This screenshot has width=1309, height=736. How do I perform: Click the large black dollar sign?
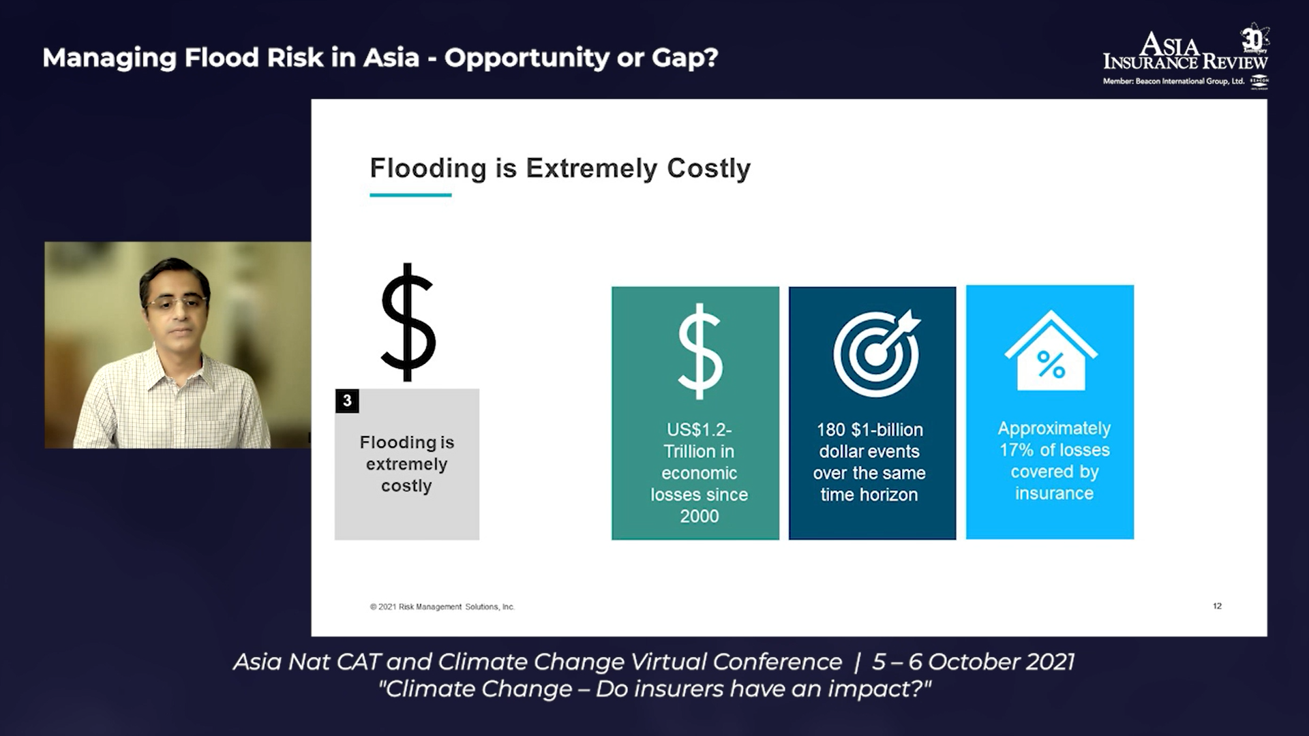tap(408, 322)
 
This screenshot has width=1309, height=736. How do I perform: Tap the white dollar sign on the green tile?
tap(699, 352)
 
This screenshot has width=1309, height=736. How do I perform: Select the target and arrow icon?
tap(876, 353)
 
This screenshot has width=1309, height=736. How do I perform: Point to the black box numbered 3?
tap(347, 401)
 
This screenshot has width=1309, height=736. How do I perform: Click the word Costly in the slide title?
tap(708, 168)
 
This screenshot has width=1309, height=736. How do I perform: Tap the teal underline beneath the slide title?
tap(410, 195)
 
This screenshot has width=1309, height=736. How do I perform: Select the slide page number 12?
tap(1217, 606)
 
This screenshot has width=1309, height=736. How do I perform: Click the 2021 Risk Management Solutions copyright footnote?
tap(442, 607)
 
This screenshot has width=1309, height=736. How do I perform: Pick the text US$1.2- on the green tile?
tap(699, 430)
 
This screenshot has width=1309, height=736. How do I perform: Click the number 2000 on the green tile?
tap(699, 516)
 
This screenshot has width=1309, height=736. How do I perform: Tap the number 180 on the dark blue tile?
tap(831, 430)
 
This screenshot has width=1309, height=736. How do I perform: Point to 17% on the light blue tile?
tap(1017, 450)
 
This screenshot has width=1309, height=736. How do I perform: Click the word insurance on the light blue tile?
tap(1054, 493)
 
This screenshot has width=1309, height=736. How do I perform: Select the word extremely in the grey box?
tap(406, 465)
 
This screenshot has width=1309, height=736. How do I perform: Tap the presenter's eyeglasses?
tap(177, 302)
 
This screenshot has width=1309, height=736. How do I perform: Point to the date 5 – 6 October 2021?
tap(974, 662)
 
